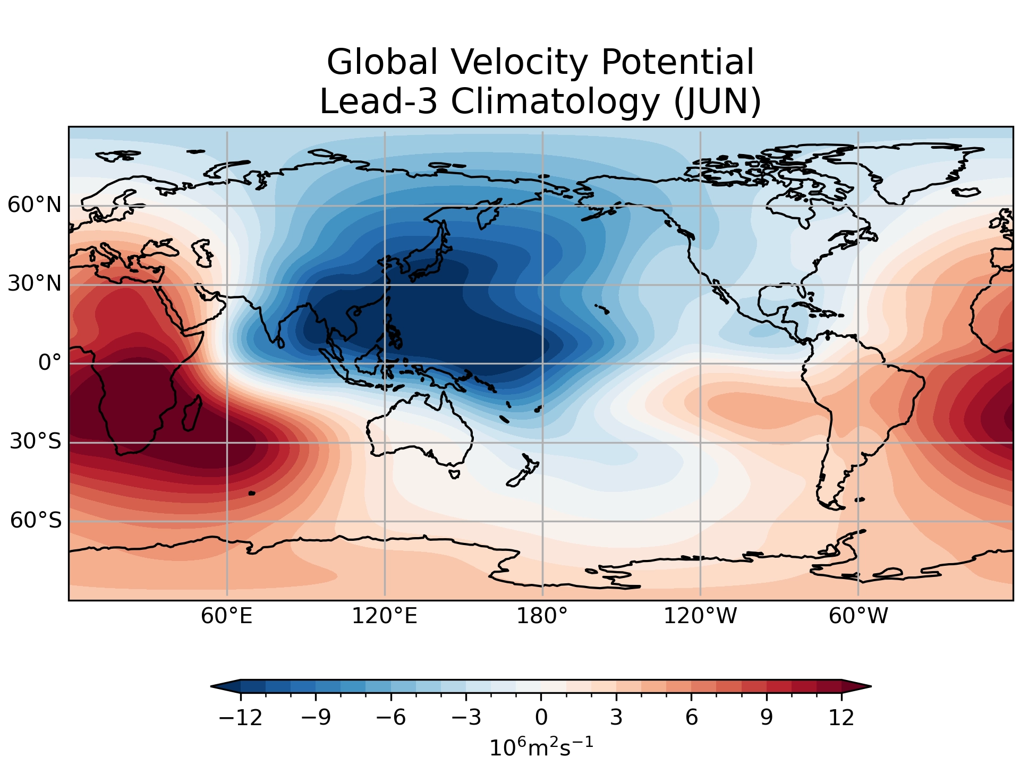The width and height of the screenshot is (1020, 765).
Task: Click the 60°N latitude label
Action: point(35,205)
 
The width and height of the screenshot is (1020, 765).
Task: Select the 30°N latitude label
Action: point(35,284)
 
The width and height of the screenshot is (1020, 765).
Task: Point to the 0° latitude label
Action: point(49,363)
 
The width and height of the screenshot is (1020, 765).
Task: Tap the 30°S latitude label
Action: point(36,441)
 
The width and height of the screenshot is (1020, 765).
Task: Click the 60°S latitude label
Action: point(36,521)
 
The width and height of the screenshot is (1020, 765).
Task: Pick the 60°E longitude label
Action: point(226,616)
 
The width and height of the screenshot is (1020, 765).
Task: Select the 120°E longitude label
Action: point(384,616)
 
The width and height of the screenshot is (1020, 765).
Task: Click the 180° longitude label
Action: point(542,616)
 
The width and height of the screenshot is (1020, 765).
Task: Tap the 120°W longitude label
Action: point(700,616)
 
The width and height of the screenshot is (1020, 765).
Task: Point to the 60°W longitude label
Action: point(858,616)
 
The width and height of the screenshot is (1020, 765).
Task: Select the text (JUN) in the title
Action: point(717,101)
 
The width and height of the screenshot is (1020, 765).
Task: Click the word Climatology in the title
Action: point(555,101)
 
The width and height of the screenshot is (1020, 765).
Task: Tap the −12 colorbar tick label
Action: point(240,718)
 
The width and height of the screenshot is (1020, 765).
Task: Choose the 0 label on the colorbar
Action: point(541,718)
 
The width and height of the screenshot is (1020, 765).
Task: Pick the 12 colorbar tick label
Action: point(841,718)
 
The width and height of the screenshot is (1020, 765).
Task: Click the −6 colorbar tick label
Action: point(390,718)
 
